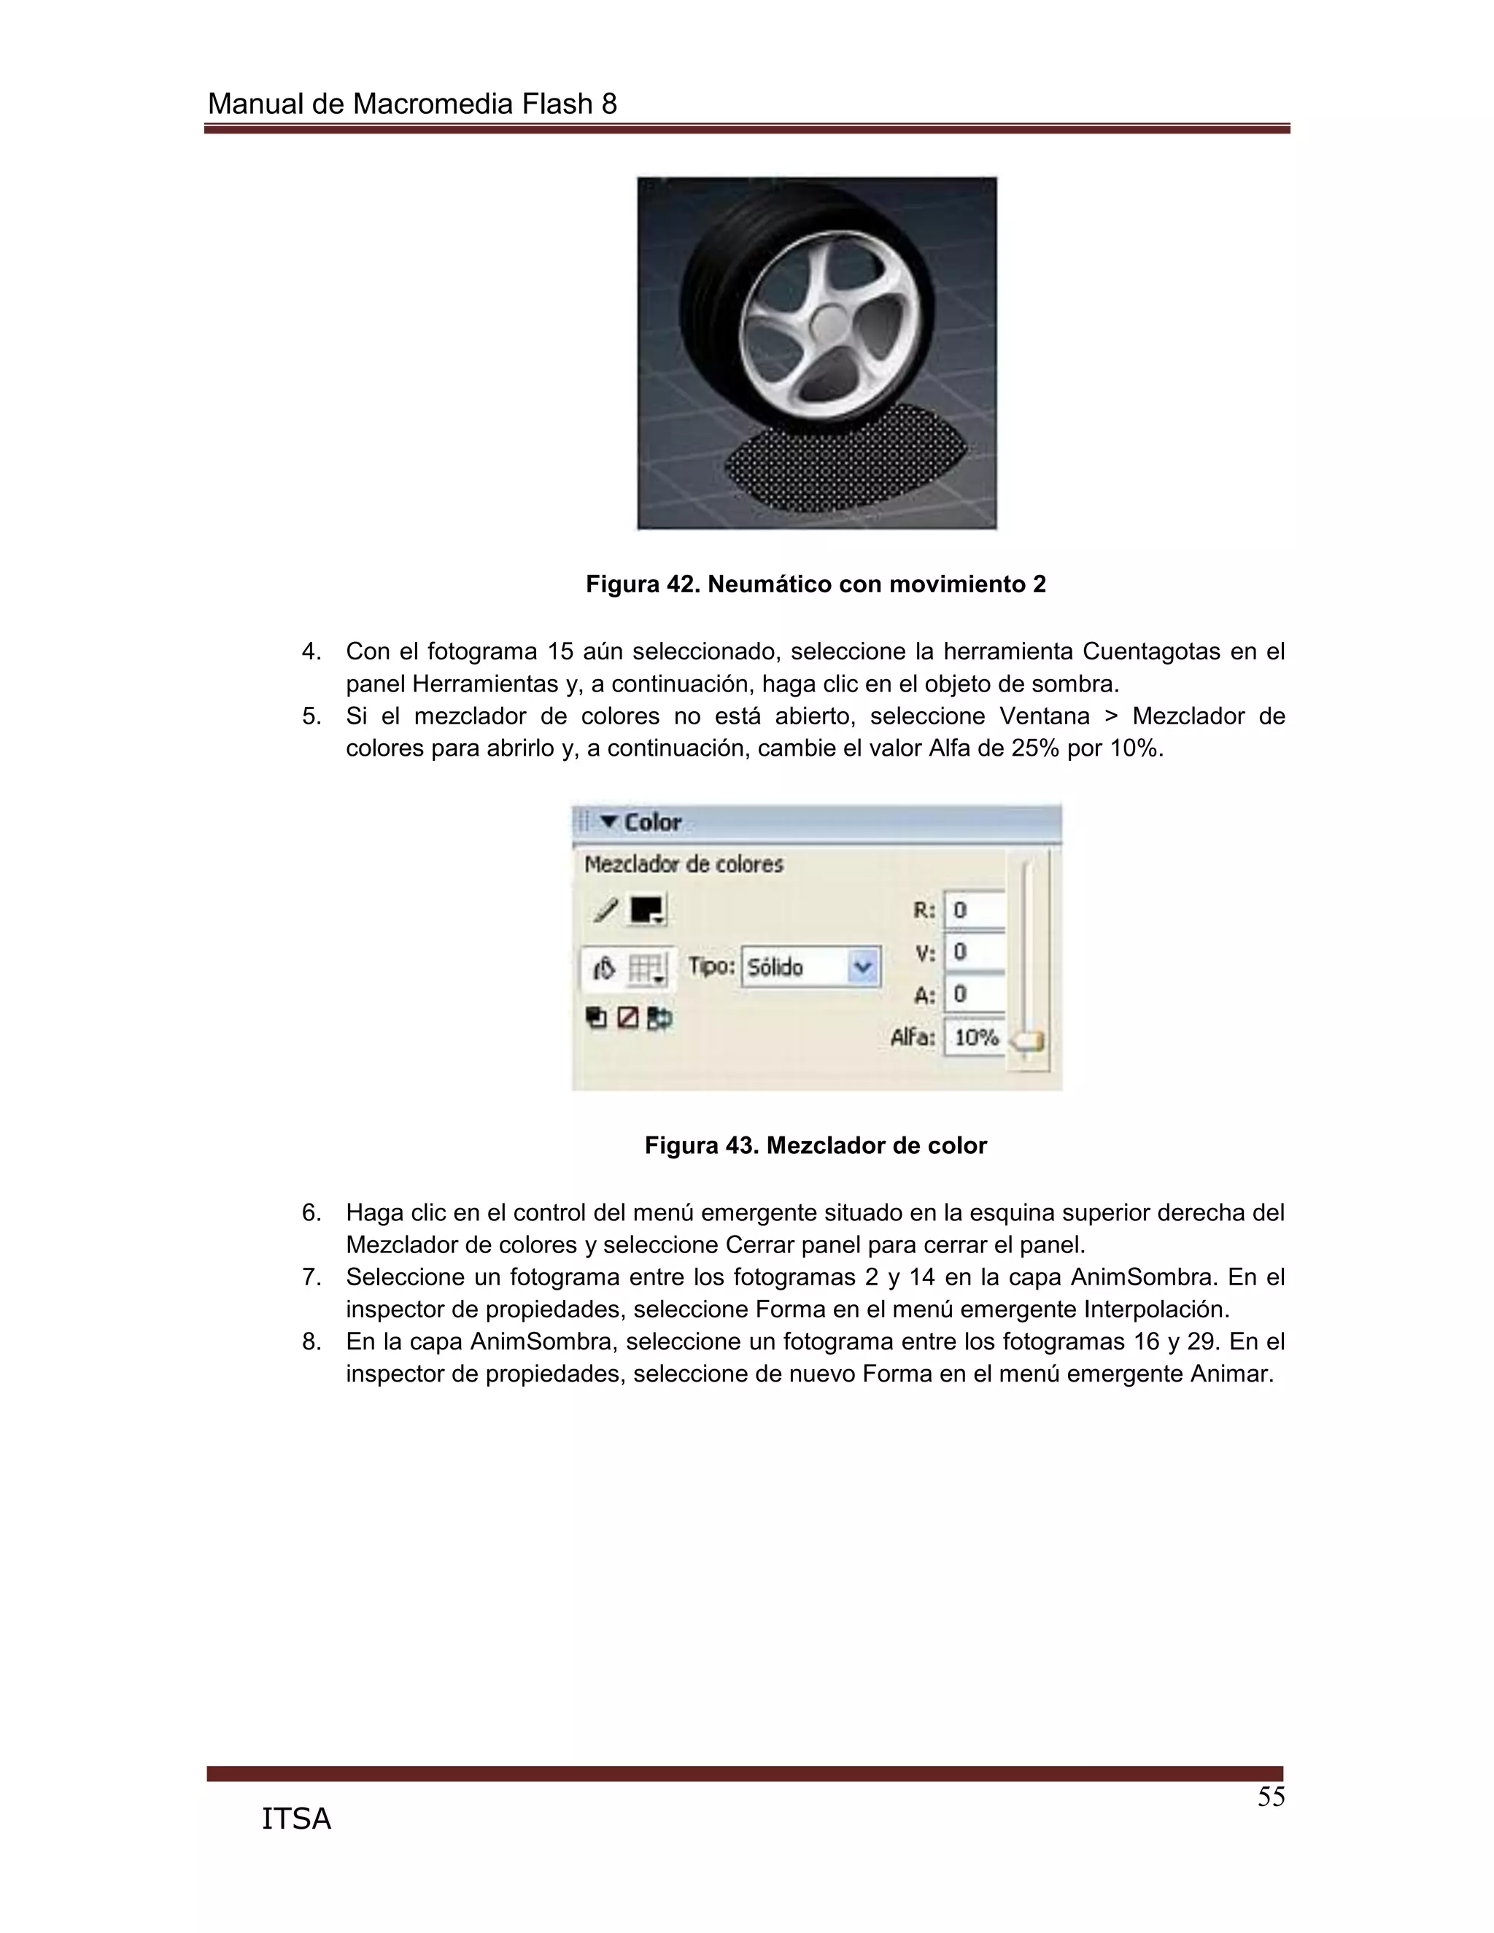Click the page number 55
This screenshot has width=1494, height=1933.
point(1270,1797)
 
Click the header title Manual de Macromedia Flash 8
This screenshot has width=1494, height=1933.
point(411,104)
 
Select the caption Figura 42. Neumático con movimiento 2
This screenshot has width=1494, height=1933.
point(815,584)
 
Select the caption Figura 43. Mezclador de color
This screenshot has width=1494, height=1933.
point(815,1145)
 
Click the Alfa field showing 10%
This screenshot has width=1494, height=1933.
point(975,1037)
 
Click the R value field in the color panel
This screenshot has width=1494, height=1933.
point(975,910)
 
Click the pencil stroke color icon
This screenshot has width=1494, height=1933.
point(606,910)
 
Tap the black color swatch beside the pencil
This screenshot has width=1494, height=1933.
point(646,910)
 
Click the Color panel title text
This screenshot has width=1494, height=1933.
point(652,822)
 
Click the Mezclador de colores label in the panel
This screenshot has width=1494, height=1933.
point(684,864)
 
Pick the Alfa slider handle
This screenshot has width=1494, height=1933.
point(1028,1042)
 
